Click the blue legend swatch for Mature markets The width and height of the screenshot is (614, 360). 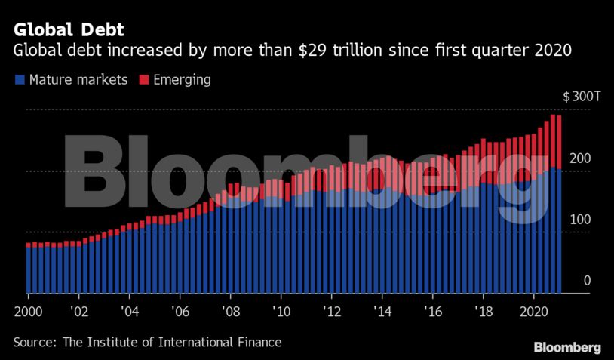click(x=19, y=79)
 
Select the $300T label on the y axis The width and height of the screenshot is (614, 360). click(x=582, y=97)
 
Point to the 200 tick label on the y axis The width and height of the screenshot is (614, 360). click(x=580, y=158)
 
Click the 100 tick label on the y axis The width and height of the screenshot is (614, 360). click(x=580, y=220)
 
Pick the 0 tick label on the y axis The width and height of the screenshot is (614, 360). click(x=586, y=281)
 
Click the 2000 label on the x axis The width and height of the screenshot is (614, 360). click(x=26, y=311)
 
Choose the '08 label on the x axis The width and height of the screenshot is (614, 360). click(x=230, y=311)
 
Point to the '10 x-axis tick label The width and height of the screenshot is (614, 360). click(x=281, y=311)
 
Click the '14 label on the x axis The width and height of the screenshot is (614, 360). click(x=382, y=311)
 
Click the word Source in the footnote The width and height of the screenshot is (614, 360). click(x=33, y=343)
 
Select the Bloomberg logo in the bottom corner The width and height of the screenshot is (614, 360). click(x=567, y=347)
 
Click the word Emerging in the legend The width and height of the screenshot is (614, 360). click(x=182, y=79)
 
